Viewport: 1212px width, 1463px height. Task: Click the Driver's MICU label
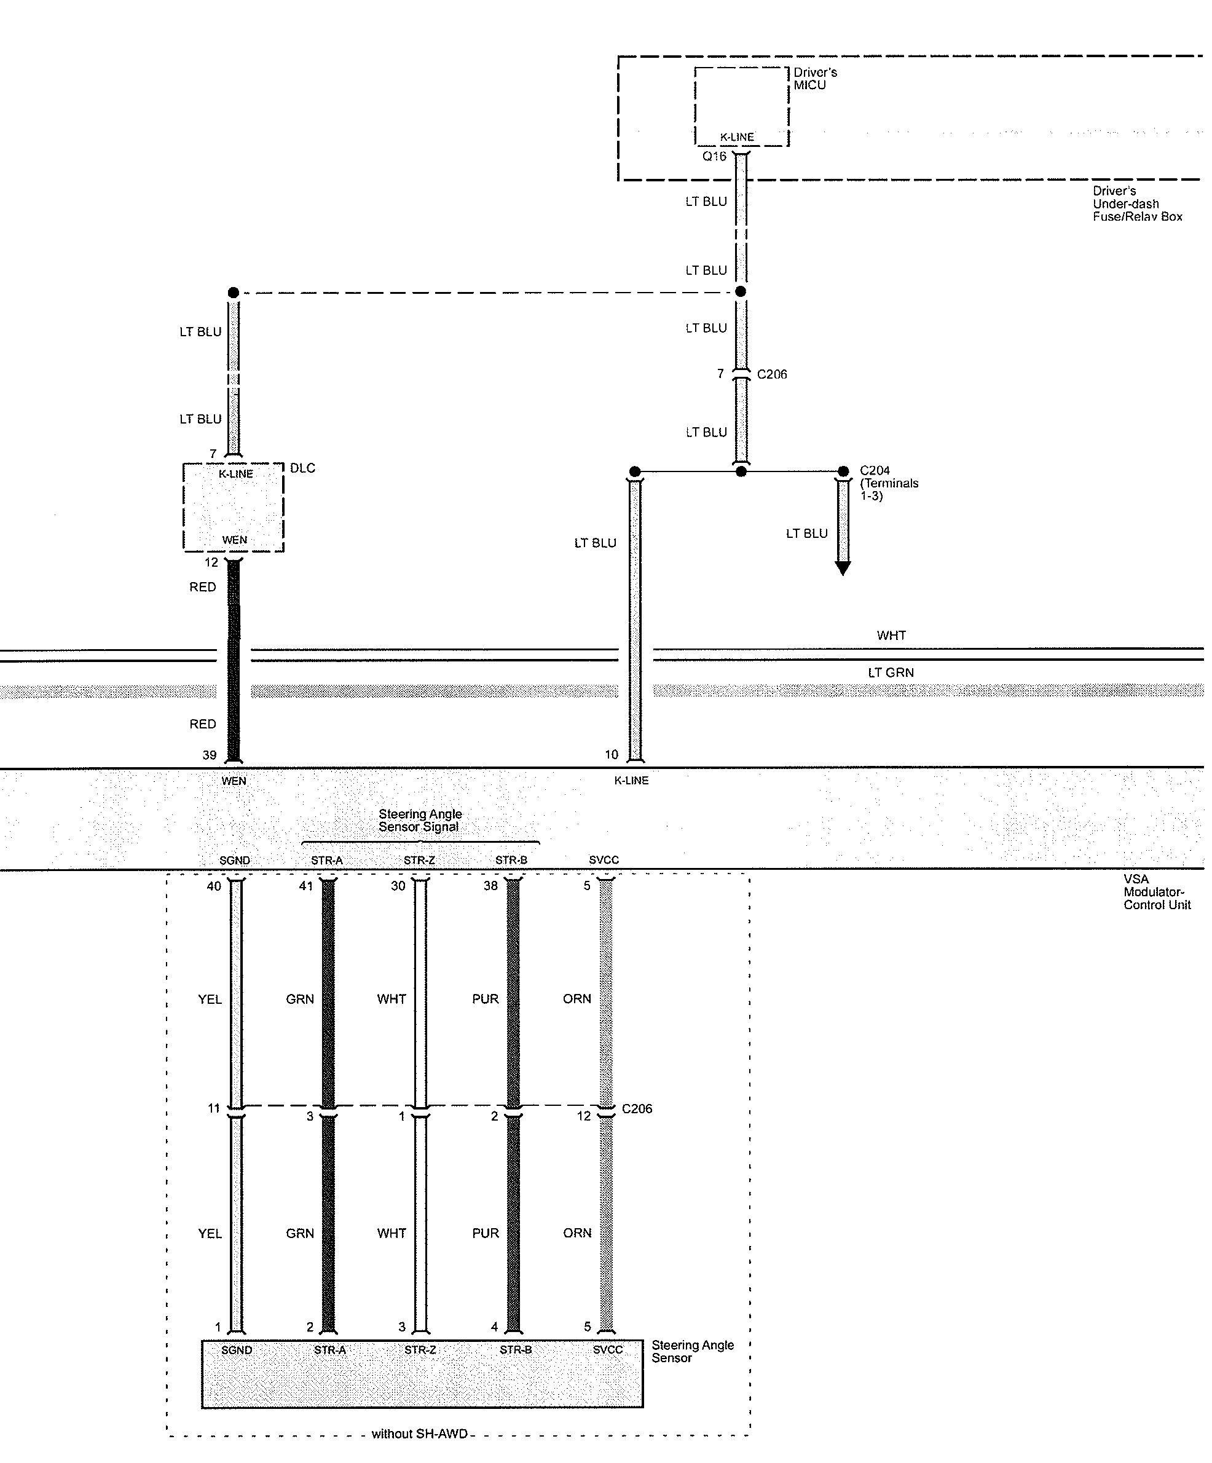pyautogui.click(x=814, y=79)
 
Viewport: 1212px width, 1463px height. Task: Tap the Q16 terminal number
pyautogui.click(x=714, y=157)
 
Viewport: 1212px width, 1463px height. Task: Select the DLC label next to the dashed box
pyautogui.click(x=302, y=468)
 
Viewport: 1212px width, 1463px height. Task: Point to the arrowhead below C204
pyautogui.click(x=843, y=569)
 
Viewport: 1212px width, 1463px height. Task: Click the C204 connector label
pyautogui.click(x=875, y=471)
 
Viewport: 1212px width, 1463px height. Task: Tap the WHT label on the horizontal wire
pyautogui.click(x=891, y=636)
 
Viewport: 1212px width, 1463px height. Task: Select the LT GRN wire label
pyautogui.click(x=890, y=672)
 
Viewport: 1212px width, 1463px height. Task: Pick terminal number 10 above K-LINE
pyautogui.click(x=611, y=754)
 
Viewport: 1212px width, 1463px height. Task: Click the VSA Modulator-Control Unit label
pyautogui.click(x=1156, y=892)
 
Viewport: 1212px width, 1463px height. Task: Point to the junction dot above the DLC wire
pyautogui.click(x=234, y=293)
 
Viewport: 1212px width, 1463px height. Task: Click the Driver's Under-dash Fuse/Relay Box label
pyautogui.click(x=1137, y=203)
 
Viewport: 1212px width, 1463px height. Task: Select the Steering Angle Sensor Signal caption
pyautogui.click(x=419, y=820)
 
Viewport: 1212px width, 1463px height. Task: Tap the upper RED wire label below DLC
pyautogui.click(x=203, y=587)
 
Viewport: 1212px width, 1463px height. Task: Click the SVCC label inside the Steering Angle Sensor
pyautogui.click(x=607, y=1350)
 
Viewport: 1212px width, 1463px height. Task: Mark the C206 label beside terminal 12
pyautogui.click(x=637, y=1109)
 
